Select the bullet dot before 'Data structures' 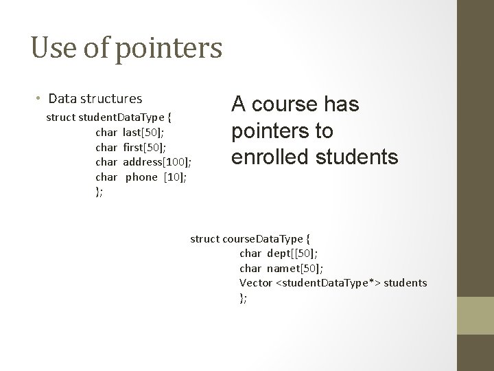[39, 99]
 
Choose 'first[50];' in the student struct [145, 147]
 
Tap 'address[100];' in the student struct [156, 162]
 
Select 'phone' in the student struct [141, 177]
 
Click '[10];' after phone [175, 177]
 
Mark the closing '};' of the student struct [99, 192]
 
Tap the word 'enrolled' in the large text [271, 157]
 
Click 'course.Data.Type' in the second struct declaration [262, 239]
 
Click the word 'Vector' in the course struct [255, 282]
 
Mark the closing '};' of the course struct [243, 297]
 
